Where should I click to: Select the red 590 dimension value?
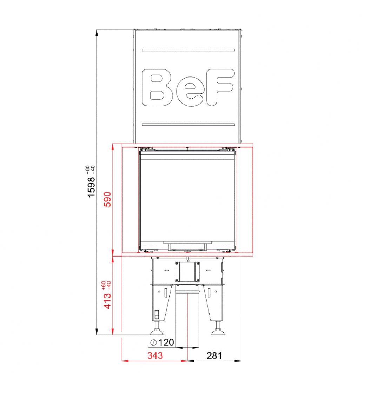pos(107,199)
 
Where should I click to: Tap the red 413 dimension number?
pos(107,301)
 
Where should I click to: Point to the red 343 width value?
pos(155,355)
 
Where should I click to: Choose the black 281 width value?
pos(214,355)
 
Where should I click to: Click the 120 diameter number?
pos(166,342)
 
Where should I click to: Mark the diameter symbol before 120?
pos(153,342)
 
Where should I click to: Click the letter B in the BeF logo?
pos(157,87)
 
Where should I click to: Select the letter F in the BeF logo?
pos(220,87)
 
